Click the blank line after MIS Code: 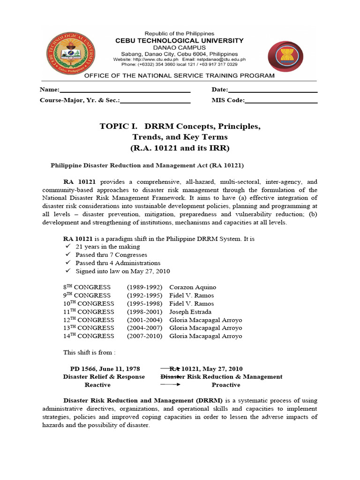(x=281, y=100)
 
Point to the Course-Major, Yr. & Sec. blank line (x=155, y=100)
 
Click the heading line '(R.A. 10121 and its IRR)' (x=180, y=148)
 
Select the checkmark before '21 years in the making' (x=67, y=247)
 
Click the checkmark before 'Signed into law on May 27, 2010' (x=67, y=271)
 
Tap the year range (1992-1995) (x=144, y=295)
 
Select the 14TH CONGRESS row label (x=89, y=336)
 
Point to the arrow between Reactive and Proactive (x=171, y=385)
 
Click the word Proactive (x=225, y=385)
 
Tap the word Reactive (x=97, y=385)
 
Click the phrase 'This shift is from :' (x=89, y=352)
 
